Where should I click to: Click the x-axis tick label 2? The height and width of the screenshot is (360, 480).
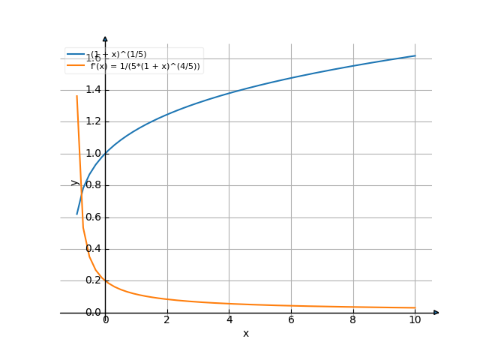(x=167, y=320)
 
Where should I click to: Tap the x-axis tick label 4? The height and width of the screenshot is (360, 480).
(x=229, y=320)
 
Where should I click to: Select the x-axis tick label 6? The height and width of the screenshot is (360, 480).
(x=291, y=320)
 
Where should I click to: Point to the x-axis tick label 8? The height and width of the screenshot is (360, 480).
(x=352, y=320)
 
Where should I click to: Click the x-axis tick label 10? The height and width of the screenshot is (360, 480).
(x=415, y=320)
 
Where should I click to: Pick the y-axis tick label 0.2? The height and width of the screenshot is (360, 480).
(x=93, y=280)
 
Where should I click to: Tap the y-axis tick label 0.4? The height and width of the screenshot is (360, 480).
(x=93, y=249)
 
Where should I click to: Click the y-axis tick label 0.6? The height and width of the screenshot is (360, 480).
(x=93, y=217)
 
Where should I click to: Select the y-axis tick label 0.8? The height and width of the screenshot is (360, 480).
(x=93, y=185)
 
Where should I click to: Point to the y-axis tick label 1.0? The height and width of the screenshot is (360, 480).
(x=93, y=154)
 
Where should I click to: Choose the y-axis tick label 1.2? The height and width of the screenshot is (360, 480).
(x=93, y=121)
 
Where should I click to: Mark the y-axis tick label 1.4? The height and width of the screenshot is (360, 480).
(x=93, y=90)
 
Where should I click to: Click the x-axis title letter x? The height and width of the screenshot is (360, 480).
(x=245, y=333)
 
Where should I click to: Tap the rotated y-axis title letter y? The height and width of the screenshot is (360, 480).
(x=74, y=182)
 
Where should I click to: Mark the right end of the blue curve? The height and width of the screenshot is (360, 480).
(x=415, y=56)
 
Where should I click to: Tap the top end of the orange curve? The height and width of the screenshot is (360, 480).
(x=76, y=96)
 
